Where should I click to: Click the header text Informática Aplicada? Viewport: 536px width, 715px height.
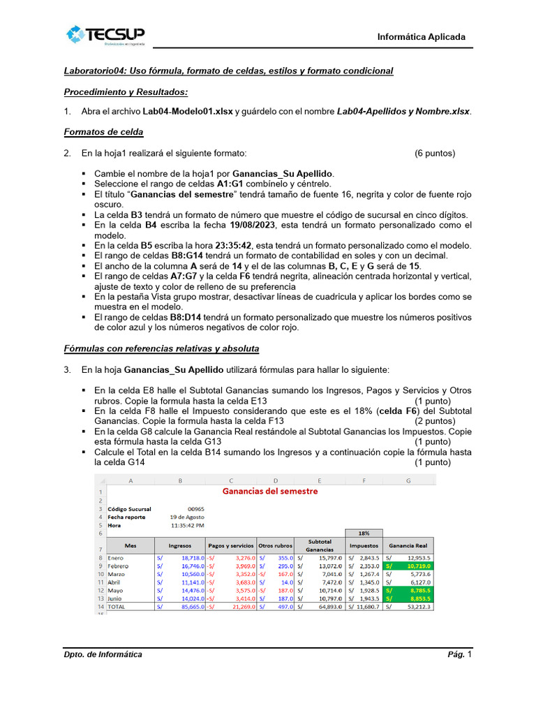(x=421, y=37)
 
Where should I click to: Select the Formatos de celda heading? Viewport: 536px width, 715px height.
(x=103, y=131)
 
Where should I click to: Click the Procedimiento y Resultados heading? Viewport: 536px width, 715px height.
(x=126, y=91)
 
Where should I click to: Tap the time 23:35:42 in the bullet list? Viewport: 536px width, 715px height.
(x=206, y=246)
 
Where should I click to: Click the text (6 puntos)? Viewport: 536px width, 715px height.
(x=434, y=153)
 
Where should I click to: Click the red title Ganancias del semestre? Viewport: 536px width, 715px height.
(x=269, y=491)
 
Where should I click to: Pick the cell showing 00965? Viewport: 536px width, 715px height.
(x=196, y=509)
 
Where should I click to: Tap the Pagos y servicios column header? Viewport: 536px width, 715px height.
(x=230, y=545)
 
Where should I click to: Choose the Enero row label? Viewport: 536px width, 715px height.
(x=115, y=558)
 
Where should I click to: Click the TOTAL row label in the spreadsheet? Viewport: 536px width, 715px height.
(x=118, y=607)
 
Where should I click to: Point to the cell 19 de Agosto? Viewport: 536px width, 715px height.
(x=188, y=517)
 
